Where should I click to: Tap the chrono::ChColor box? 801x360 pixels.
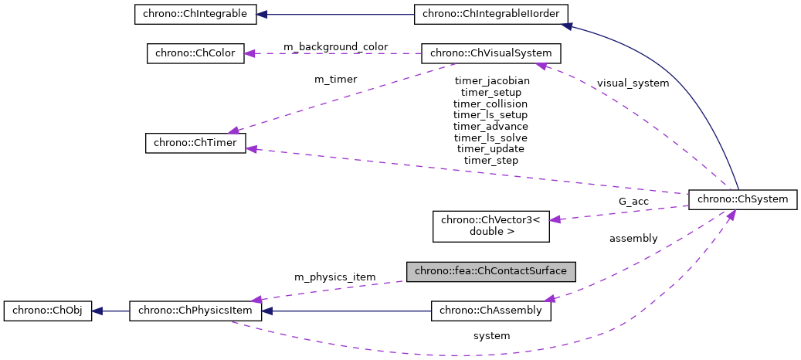(x=195, y=53)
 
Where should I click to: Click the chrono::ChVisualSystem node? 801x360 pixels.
(x=490, y=53)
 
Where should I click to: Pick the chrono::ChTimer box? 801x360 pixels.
(x=195, y=143)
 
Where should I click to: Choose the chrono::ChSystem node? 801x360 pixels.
(x=742, y=199)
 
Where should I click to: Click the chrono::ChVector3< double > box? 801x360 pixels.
(x=490, y=225)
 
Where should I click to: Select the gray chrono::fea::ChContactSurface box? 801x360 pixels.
(x=491, y=270)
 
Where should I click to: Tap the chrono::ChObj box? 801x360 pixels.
(x=48, y=311)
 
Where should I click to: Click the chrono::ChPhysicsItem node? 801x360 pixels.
(x=195, y=311)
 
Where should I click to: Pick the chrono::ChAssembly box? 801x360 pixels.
(x=490, y=311)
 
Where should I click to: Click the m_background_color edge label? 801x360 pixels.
(x=336, y=47)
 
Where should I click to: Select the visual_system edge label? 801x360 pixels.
(x=633, y=83)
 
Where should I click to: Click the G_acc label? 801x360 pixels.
(x=633, y=202)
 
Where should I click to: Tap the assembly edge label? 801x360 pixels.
(x=633, y=239)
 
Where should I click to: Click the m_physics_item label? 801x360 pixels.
(x=334, y=277)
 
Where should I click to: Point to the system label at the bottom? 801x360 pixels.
(x=491, y=336)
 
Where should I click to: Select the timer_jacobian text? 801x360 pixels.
(x=491, y=80)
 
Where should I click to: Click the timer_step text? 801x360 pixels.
(x=491, y=160)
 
